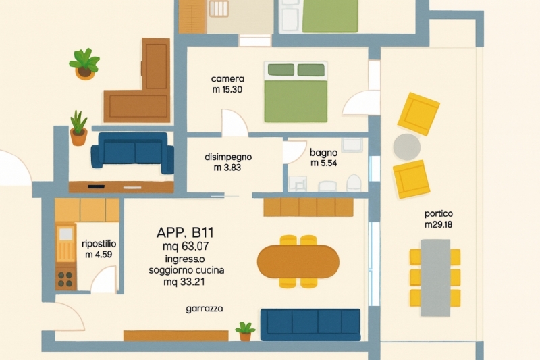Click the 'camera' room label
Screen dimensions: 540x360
pos(227,79)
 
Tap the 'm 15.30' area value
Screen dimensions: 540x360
pos(227,90)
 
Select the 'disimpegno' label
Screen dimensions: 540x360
pos(228,157)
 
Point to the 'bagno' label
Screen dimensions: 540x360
pos(323,153)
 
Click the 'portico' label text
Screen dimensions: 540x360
pos(438,213)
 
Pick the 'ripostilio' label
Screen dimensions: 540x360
pos(99,244)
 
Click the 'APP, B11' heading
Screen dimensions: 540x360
pos(185,232)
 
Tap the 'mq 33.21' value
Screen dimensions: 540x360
pos(184,282)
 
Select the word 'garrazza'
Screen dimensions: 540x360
pos(205,309)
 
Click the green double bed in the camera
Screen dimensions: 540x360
pos(296,92)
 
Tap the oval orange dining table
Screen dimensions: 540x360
pos(298,261)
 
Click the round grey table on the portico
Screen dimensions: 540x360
pos(407,147)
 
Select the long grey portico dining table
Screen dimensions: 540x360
pos(435,278)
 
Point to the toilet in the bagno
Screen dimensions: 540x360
pos(354,183)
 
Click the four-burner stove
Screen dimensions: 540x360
pos(65,280)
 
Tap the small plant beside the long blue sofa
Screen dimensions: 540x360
pos(245,331)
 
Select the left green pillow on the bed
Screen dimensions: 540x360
pos(281,70)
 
